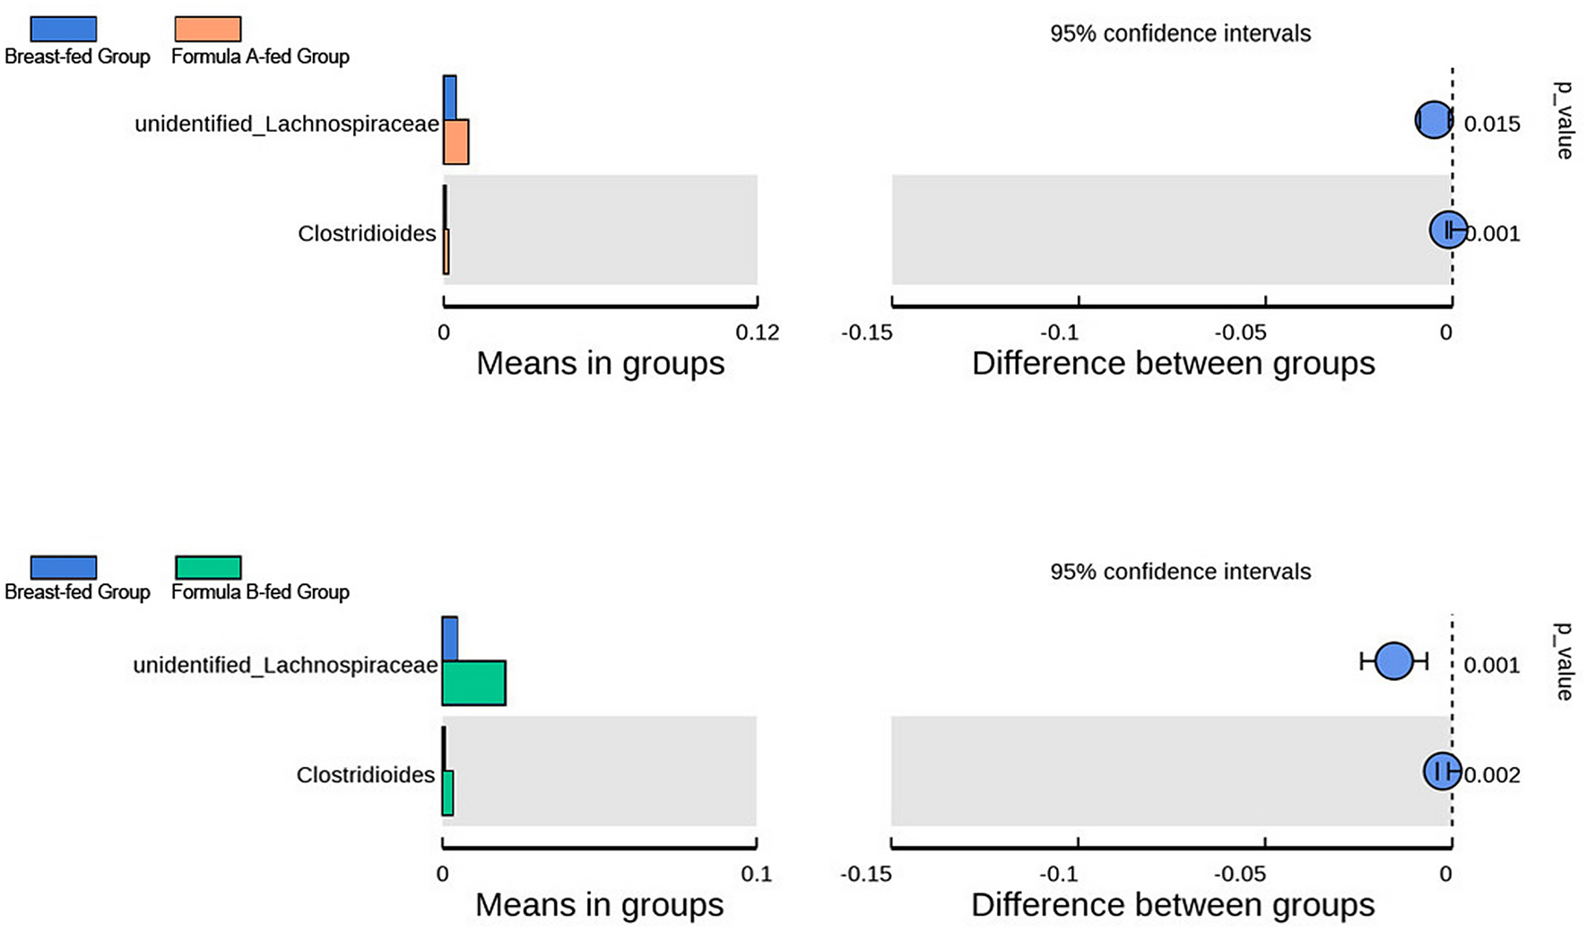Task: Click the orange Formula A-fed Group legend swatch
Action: (x=207, y=30)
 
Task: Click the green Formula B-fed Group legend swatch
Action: (x=208, y=567)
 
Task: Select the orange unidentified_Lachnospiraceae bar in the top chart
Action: (x=455, y=142)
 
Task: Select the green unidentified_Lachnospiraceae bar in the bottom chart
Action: (x=473, y=683)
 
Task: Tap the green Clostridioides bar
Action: (x=447, y=793)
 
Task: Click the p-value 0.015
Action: (x=1492, y=125)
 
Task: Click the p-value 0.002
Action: (x=1492, y=775)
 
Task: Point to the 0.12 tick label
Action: (x=757, y=333)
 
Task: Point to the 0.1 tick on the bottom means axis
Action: (x=757, y=875)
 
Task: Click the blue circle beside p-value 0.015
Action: (x=1434, y=120)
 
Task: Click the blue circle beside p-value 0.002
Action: (x=1442, y=771)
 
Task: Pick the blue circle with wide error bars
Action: (x=1393, y=661)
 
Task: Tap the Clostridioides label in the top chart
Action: (x=367, y=234)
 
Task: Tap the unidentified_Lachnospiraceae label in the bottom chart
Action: (x=285, y=666)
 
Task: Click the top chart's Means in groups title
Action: (x=600, y=364)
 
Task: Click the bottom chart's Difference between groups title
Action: (x=1173, y=905)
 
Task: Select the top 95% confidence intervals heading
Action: (x=1180, y=34)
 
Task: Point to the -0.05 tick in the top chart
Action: (x=1246, y=333)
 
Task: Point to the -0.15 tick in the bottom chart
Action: (x=866, y=875)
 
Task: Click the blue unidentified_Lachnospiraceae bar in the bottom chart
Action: (x=450, y=639)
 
